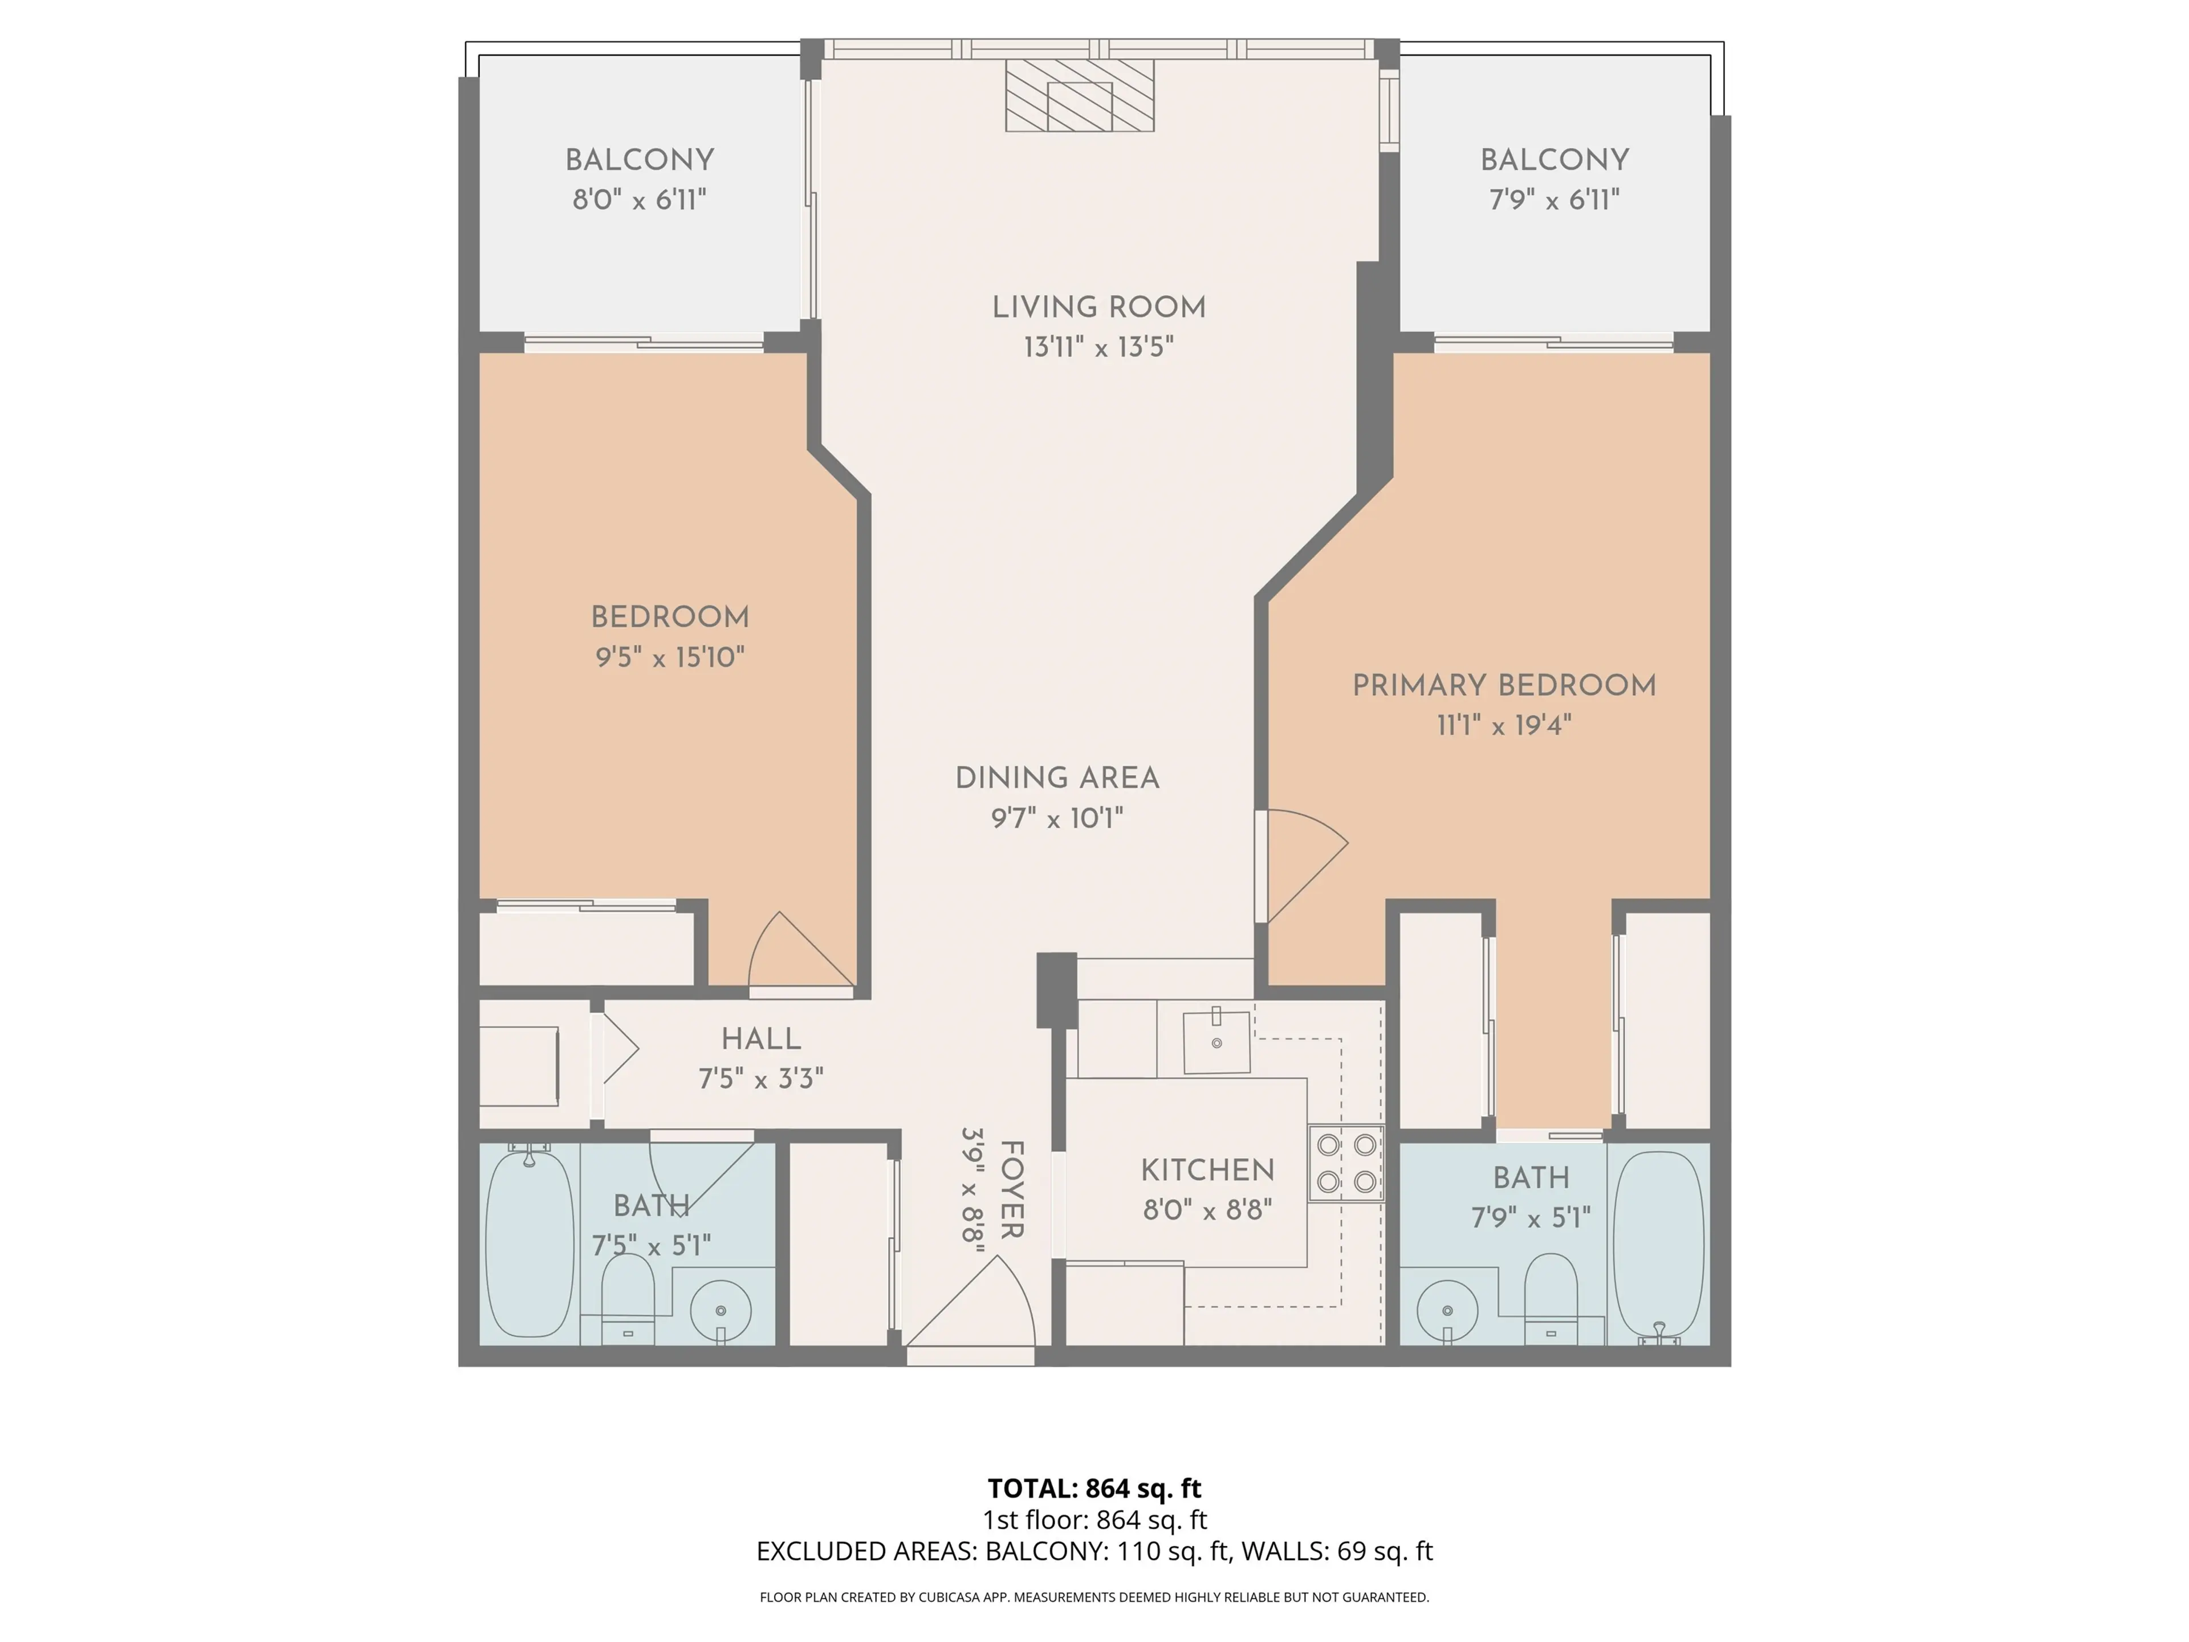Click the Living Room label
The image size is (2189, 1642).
pyautogui.click(x=1098, y=308)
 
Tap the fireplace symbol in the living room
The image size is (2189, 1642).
pyautogui.click(x=1080, y=96)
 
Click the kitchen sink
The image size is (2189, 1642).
pyautogui.click(x=1216, y=1041)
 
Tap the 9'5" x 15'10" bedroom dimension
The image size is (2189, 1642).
pyautogui.click(x=670, y=657)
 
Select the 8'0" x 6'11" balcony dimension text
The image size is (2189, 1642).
pyautogui.click(x=639, y=200)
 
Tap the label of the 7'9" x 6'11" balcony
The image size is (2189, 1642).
pyautogui.click(x=1553, y=160)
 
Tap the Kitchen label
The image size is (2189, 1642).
pyautogui.click(x=1207, y=1170)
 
